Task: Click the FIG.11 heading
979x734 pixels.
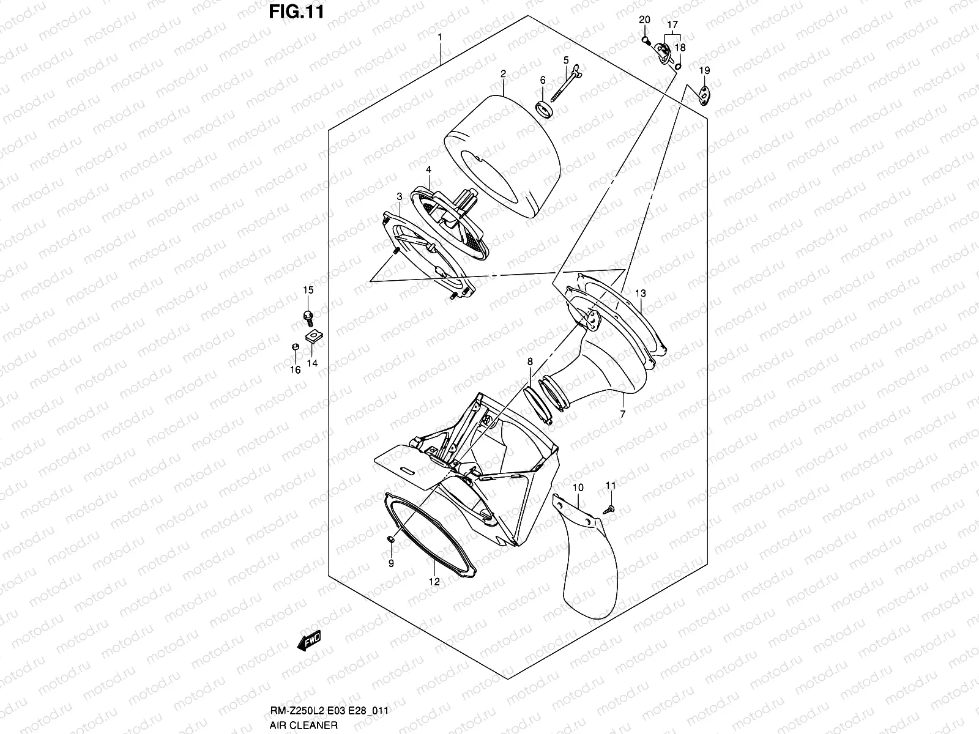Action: click(297, 12)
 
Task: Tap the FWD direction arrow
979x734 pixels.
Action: click(309, 640)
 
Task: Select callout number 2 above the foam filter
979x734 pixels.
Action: click(503, 74)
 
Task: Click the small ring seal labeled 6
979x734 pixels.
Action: click(544, 109)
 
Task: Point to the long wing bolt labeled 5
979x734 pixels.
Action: click(566, 83)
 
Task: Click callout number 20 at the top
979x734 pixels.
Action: click(644, 20)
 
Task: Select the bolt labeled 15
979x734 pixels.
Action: click(308, 317)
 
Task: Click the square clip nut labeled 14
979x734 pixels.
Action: click(314, 336)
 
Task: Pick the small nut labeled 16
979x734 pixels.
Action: click(295, 347)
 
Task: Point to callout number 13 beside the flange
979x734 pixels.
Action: click(641, 293)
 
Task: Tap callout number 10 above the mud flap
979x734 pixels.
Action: click(578, 487)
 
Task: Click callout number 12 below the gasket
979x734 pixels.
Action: click(434, 582)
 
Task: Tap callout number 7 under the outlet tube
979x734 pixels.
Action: click(623, 414)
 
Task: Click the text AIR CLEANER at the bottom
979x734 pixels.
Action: click(303, 725)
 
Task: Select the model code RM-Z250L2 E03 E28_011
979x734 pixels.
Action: click(329, 711)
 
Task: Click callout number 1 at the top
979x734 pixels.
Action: click(440, 37)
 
